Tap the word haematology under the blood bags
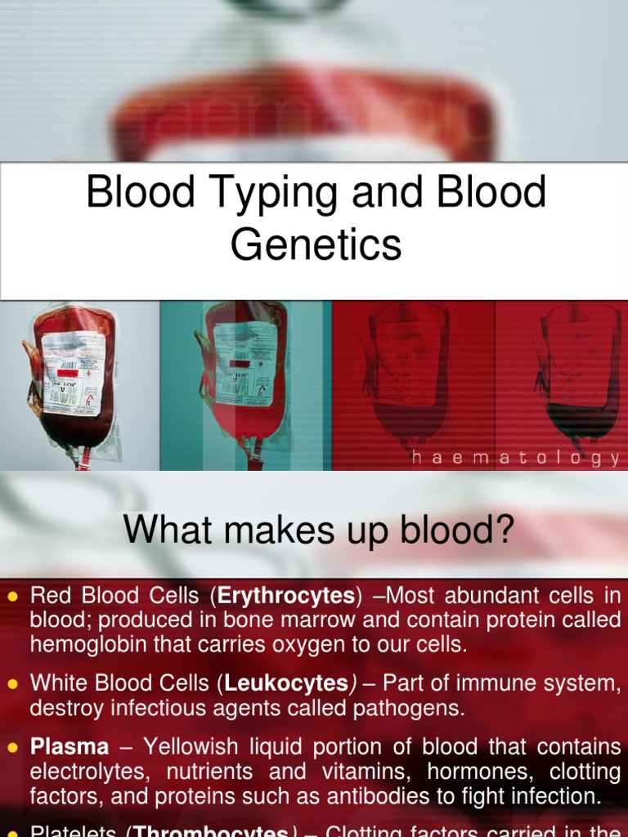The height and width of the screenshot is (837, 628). coord(516,459)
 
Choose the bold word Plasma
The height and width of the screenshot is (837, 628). coord(70,746)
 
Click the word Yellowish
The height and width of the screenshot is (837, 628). coord(193,746)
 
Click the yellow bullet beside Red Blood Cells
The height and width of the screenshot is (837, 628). coord(12,596)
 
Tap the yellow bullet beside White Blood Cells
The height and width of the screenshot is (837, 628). coord(12,683)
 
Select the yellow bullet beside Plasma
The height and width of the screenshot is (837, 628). coord(12,747)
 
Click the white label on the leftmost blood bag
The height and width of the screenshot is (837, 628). coord(73,372)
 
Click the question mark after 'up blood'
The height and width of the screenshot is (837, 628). coord(503,531)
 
